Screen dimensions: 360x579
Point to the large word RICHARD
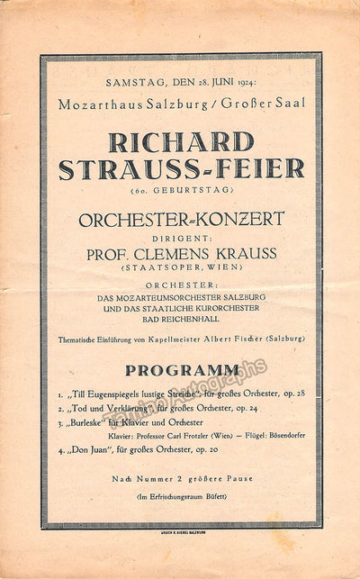pos(180,142)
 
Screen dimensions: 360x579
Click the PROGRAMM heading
pos(182,369)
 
